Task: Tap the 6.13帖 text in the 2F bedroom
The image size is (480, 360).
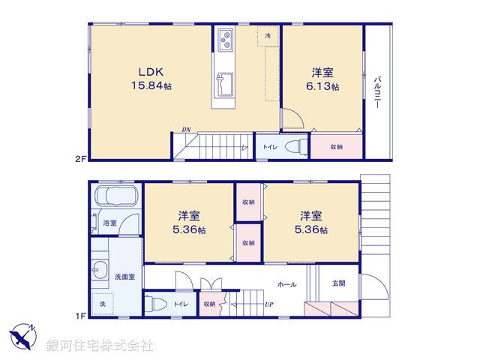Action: tap(323, 87)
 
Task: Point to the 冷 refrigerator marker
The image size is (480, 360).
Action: tap(267, 35)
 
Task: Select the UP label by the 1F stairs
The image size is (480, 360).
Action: tap(268, 304)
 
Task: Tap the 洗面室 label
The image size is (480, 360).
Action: tap(125, 276)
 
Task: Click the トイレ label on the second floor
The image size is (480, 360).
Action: tap(268, 147)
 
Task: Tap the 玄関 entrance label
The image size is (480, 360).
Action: tap(338, 283)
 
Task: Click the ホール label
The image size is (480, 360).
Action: tap(286, 284)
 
